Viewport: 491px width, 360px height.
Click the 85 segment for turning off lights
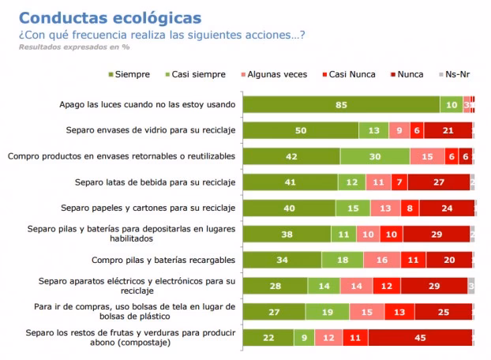tap(340, 105)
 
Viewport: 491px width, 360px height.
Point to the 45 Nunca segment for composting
tap(420, 338)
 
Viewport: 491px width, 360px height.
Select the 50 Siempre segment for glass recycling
tap(300, 131)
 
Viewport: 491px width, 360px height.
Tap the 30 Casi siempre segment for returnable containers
tap(375, 156)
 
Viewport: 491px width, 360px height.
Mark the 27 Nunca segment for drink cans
tap(439, 182)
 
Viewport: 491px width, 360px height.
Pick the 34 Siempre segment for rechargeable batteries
tap(281, 260)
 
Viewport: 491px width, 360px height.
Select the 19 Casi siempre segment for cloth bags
tap(327, 312)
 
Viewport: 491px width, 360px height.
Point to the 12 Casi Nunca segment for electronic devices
tap(386, 286)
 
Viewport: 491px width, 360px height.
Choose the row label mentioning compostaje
tap(131, 338)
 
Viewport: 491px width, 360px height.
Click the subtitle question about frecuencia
tap(162, 35)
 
